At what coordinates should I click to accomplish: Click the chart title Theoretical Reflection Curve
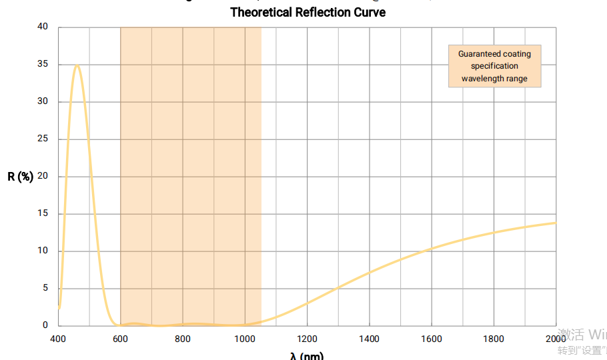[308, 12]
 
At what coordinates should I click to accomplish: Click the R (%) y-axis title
[21, 177]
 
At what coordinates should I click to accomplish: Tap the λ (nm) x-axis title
[307, 355]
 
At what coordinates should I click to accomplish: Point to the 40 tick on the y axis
[43, 27]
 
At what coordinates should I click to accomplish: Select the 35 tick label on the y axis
[43, 65]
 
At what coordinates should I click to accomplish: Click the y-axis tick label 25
[43, 139]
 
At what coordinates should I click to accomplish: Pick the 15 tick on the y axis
[43, 214]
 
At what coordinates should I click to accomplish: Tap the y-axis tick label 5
[45, 289]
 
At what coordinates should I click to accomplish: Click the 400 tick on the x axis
[59, 339]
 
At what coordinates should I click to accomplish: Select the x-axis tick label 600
[121, 339]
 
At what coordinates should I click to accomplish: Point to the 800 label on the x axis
[183, 339]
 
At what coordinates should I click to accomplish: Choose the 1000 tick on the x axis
[245, 339]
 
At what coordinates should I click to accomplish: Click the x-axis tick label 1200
[307, 339]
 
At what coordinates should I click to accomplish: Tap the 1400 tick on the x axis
[369, 339]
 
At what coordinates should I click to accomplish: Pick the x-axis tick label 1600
[432, 339]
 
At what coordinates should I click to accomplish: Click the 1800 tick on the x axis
[494, 339]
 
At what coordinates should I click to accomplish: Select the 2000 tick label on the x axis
[556, 339]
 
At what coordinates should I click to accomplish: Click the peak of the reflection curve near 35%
[77, 65]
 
